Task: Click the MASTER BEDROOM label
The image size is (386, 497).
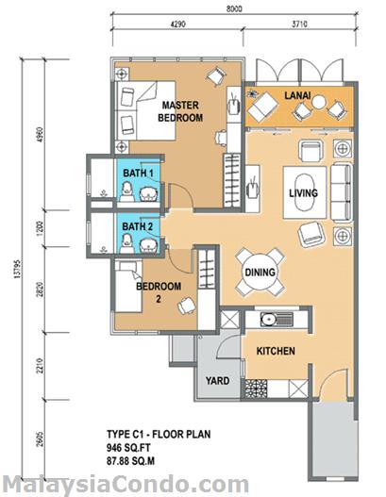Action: click(x=180, y=111)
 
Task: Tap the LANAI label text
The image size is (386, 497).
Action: click(x=297, y=95)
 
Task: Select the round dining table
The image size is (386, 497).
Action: click(x=260, y=272)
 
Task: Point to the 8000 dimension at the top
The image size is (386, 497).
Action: click(x=234, y=8)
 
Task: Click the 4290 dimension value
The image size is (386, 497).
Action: click(x=178, y=25)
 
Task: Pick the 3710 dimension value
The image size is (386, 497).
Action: click(x=299, y=25)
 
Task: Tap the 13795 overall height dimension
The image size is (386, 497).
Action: click(x=17, y=270)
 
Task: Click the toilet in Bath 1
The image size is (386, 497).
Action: click(x=127, y=192)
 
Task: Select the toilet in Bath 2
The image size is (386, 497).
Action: click(x=126, y=243)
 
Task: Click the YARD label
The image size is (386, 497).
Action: click(x=218, y=381)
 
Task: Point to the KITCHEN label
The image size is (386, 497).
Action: click(x=276, y=351)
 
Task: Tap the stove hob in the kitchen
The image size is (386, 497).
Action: click(x=256, y=389)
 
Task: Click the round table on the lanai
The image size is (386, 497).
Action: click(x=319, y=103)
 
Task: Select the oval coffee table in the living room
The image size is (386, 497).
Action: click(x=305, y=191)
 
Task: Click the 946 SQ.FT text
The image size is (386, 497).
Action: click(x=128, y=448)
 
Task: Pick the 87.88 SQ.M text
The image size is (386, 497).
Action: click(x=130, y=461)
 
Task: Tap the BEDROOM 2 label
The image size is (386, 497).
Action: click(x=159, y=292)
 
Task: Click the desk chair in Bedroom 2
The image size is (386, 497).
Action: click(x=187, y=306)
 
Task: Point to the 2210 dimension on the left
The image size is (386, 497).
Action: click(x=40, y=366)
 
